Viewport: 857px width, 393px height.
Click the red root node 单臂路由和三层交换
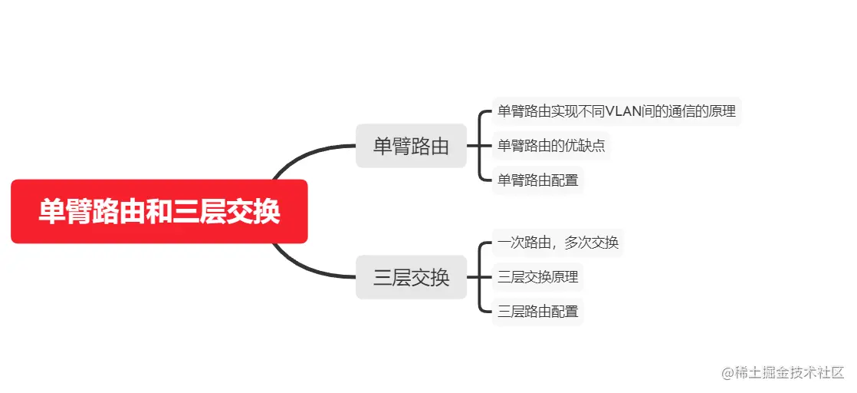coord(159,212)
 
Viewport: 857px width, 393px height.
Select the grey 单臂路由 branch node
coord(411,146)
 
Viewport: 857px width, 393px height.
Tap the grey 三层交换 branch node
coord(411,277)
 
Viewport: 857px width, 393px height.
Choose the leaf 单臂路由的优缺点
coord(551,146)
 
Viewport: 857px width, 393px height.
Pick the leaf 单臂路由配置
coord(537,180)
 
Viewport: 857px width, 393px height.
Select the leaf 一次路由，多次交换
coord(557,243)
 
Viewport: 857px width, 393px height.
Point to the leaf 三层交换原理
coord(537,277)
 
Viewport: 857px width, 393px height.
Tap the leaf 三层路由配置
coord(537,312)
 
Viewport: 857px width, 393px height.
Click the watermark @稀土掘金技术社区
coord(783,372)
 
